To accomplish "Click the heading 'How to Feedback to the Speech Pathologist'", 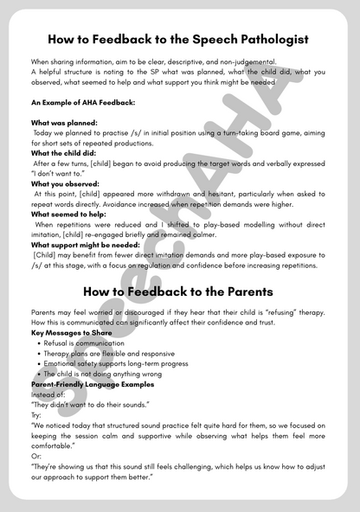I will click(179, 39).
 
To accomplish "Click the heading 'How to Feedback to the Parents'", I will click(179, 291).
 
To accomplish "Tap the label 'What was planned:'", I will click(64, 123).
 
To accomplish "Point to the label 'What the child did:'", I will click(66, 153).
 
